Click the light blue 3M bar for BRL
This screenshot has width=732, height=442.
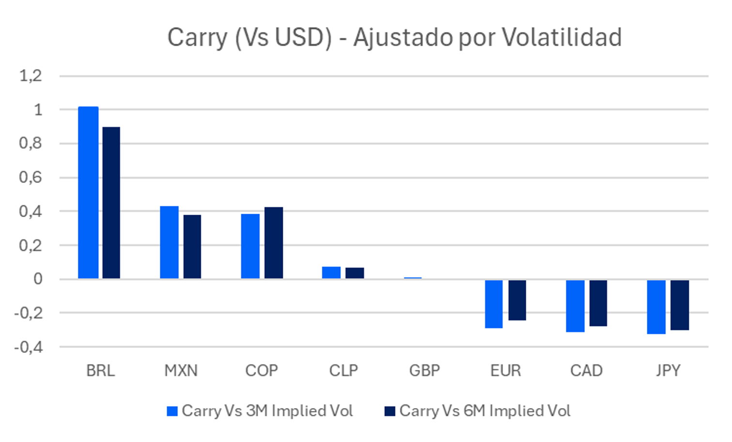(x=88, y=192)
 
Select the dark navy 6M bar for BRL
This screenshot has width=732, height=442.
(x=111, y=203)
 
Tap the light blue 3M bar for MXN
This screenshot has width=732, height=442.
(x=169, y=242)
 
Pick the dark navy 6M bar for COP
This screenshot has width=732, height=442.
(x=274, y=243)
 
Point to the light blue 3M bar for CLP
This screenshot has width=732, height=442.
(x=331, y=273)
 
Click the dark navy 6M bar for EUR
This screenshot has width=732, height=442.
(x=517, y=300)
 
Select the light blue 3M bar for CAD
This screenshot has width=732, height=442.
(x=575, y=306)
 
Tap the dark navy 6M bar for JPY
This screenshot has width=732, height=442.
(x=680, y=305)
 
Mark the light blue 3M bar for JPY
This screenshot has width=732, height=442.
(x=656, y=307)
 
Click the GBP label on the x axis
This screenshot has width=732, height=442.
(x=425, y=371)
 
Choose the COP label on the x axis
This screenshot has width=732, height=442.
(x=261, y=371)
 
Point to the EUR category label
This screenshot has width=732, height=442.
(x=505, y=371)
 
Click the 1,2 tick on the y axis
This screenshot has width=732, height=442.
(x=30, y=76)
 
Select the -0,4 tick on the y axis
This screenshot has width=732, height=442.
(x=29, y=347)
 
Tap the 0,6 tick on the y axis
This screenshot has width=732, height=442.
(x=30, y=177)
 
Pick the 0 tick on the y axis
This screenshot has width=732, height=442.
(x=38, y=279)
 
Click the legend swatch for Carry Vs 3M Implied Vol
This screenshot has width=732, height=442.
(x=172, y=411)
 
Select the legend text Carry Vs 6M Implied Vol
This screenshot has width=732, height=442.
(x=485, y=411)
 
